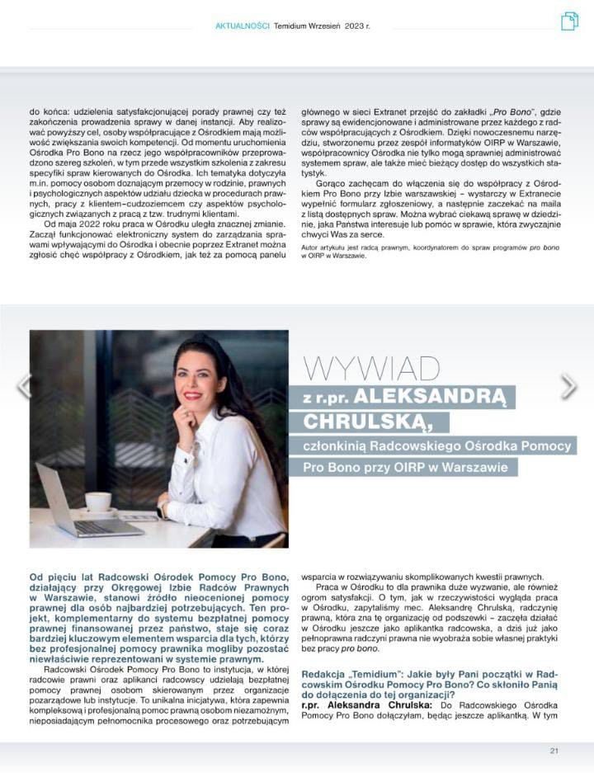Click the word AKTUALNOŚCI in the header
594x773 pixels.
point(243,26)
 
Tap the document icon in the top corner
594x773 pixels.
point(569,21)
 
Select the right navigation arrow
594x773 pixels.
point(569,385)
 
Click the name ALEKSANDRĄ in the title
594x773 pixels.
point(437,395)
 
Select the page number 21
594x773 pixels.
point(554,750)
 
